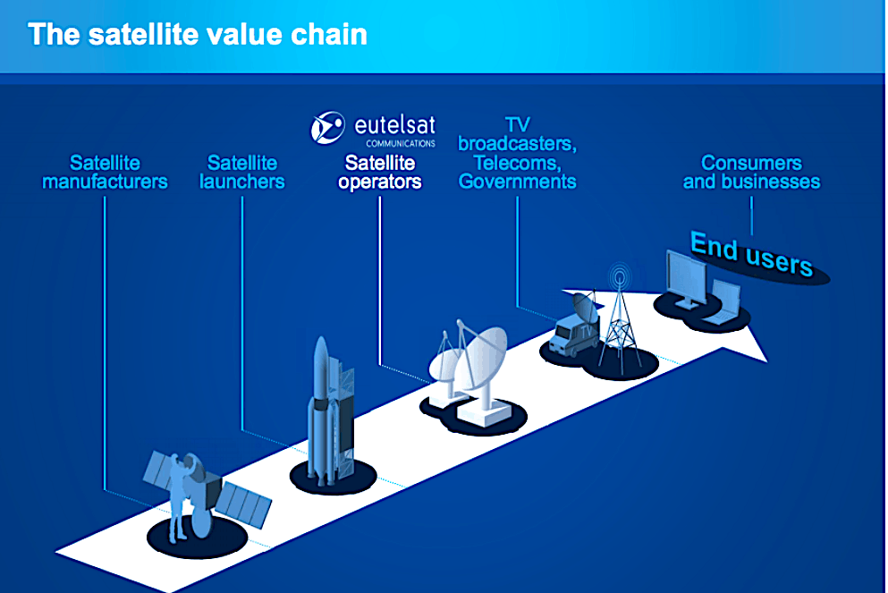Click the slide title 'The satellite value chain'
click(x=197, y=35)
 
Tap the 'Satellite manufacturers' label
click(x=105, y=173)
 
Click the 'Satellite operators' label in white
click(x=380, y=173)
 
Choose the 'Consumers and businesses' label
click(x=751, y=173)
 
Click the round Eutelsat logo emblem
click(x=327, y=128)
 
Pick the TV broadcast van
click(x=572, y=331)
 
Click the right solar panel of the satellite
click(x=246, y=504)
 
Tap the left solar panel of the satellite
click(x=163, y=470)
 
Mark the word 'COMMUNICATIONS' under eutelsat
click(x=400, y=142)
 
